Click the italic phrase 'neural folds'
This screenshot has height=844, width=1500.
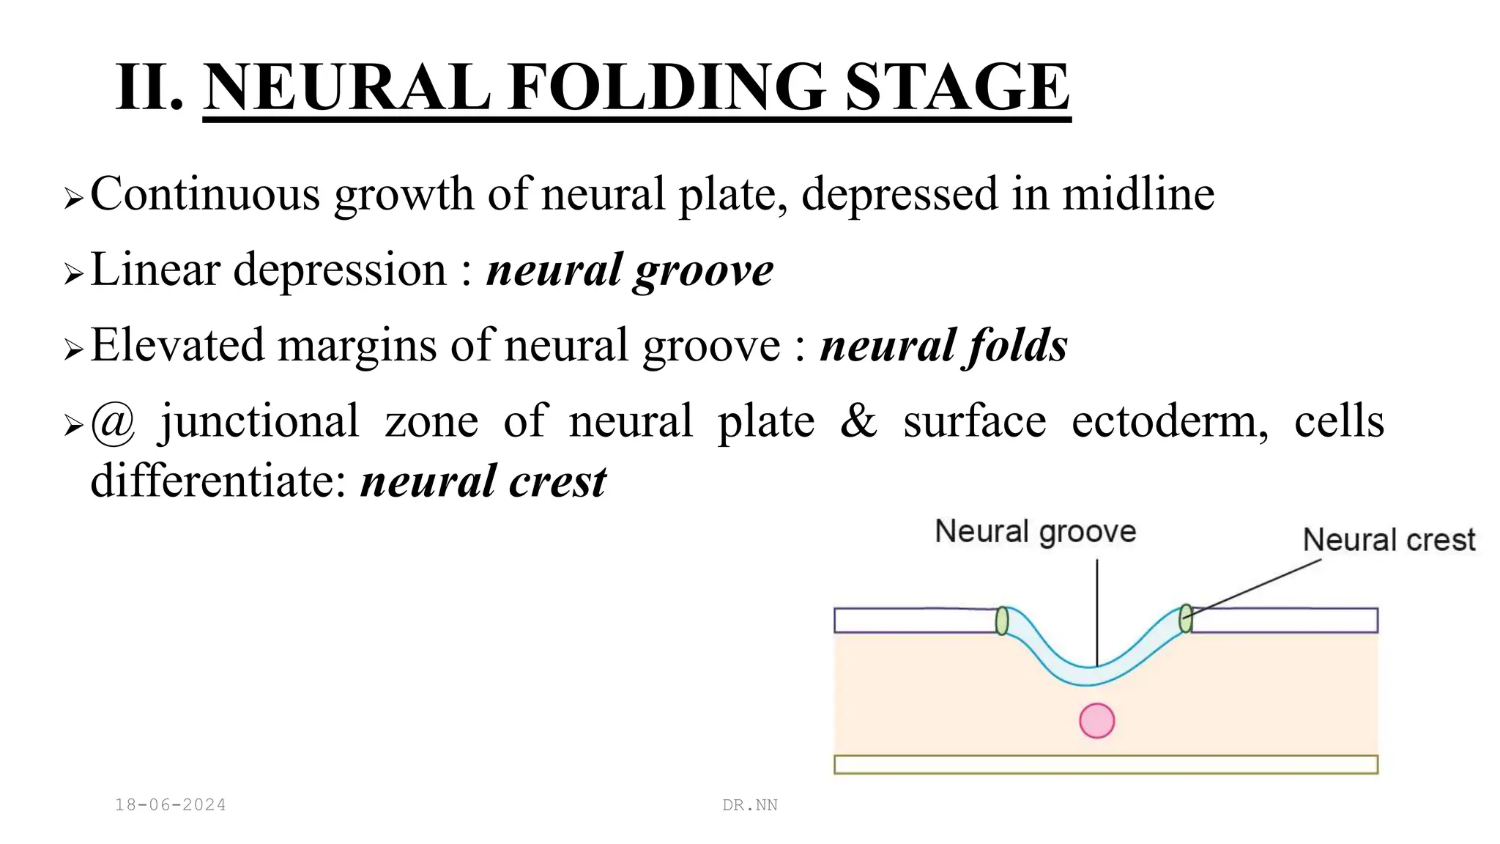point(943,345)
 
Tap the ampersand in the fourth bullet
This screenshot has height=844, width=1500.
point(858,421)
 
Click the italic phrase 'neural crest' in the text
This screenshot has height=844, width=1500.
point(483,482)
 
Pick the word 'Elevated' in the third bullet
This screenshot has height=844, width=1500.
point(177,345)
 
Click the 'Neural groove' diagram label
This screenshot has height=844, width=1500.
point(1035,531)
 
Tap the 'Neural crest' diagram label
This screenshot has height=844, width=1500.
point(1389,540)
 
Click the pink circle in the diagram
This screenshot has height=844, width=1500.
point(1096,720)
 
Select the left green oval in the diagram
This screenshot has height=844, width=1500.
point(1002,621)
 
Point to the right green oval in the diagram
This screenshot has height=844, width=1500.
point(1186,618)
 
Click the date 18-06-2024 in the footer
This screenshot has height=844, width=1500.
point(171,805)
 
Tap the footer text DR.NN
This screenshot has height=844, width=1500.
point(750,805)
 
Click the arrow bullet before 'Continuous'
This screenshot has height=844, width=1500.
point(73,197)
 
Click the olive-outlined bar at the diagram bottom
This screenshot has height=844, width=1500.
point(1105,764)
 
